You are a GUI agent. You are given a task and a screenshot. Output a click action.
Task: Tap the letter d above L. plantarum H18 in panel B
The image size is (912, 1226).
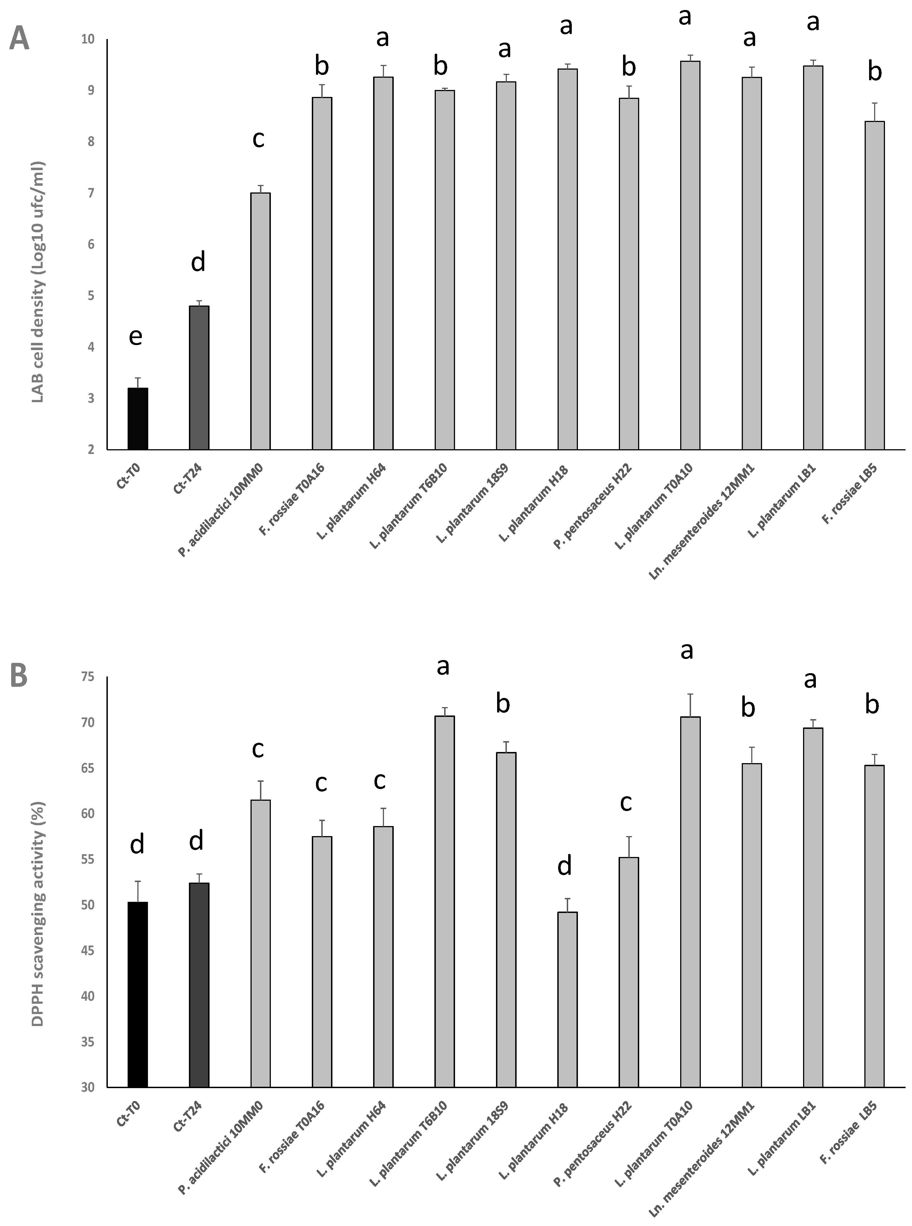pyautogui.click(x=564, y=866)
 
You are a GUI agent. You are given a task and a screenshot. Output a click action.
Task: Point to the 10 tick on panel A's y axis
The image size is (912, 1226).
pyautogui.click(x=88, y=39)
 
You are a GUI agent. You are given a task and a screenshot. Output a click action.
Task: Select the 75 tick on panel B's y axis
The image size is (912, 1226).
pyautogui.click(x=88, y=677)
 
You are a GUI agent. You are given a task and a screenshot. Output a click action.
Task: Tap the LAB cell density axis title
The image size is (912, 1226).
pyautogui.click(x=38, y=282)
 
